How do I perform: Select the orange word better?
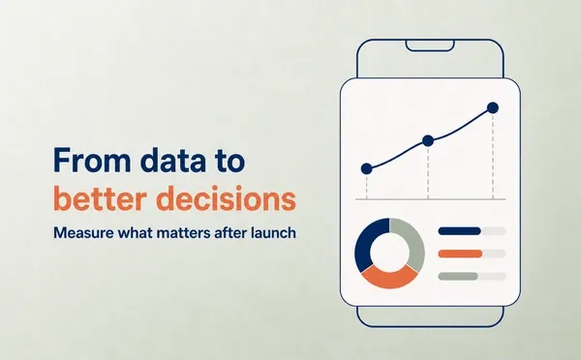pyautogui.click(x=99, y=198)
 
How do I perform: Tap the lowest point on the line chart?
pyautogui.click(x=366, y=169)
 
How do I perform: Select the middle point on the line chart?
pyautogui.click(x=428, y=140)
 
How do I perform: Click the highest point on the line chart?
pyautogui.click(x=493, y=108)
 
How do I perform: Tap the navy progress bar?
pyautogui.click(x=459, y=231)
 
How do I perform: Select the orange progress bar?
pyautogui.click(x=460, y=254)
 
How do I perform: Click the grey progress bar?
pyautogui.click(x=458, y=277)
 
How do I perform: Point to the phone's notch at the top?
pyautogui.click(x=430, y=45)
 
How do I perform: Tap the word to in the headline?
pyautogui.click(x=230, y=161)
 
